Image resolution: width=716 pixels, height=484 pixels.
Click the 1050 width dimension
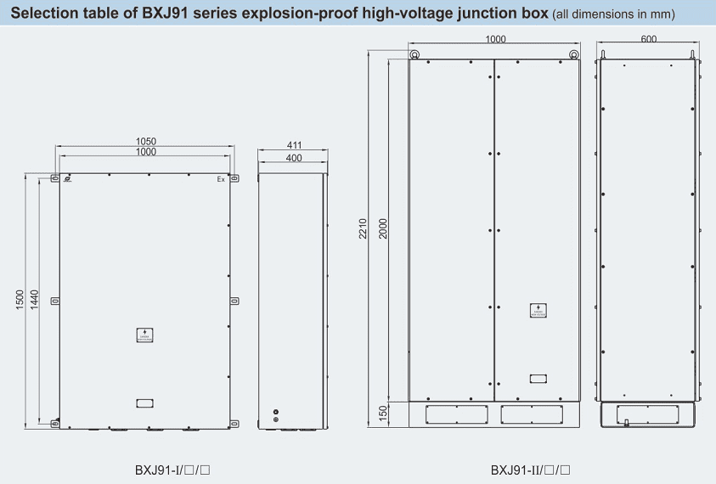[x=146, y=142]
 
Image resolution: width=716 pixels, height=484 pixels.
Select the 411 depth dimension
[x=294, y=146]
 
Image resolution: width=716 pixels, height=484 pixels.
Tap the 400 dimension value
[x=294, y=158]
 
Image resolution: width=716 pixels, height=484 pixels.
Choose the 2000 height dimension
[x=383, y=228]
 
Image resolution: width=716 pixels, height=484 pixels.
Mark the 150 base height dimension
[x=383, y=413]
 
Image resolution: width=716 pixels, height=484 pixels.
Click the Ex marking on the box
[x=221, y=179]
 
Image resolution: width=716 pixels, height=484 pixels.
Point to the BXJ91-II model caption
[x=529, y=469]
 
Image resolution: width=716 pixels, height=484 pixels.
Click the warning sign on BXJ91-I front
[x=144, y=335]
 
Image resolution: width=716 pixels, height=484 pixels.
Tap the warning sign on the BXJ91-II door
[x=537, y=310]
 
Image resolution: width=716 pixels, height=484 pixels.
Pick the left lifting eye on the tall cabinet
[x=414, y=56]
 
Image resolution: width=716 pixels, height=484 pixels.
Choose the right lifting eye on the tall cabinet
[x=574, y=56]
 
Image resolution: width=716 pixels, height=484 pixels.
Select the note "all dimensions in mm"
[x=613, y=15]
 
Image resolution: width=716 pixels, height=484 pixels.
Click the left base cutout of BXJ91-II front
[x=457, y=414]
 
